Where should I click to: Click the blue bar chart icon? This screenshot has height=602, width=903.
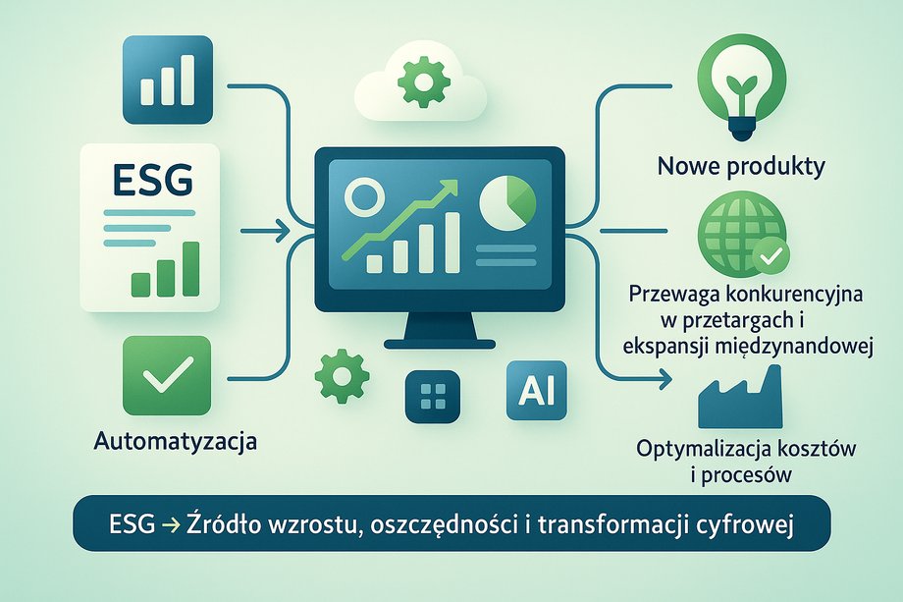[x=168, y=80]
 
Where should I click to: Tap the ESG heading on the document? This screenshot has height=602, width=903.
[x=152, y=181]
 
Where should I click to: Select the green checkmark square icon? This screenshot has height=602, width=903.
[x=167, y=376]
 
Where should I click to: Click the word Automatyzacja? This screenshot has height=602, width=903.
[x=175, y=442]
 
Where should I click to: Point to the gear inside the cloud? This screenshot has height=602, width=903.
[x=423, y=82]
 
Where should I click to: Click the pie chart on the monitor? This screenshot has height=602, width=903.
[x=507, y=202]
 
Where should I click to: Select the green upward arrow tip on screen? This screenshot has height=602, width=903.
[x=451, y=187]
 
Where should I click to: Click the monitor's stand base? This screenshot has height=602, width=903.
[x=440, y=345]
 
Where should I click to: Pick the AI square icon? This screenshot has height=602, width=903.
[x=536, y=391]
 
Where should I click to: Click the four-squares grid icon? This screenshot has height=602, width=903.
[x=433, y=397]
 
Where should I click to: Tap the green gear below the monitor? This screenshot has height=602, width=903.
[x=342, y=376]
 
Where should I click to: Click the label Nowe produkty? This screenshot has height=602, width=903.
[x=741, y=167]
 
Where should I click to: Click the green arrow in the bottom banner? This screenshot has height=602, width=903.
[x=172, y=524]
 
